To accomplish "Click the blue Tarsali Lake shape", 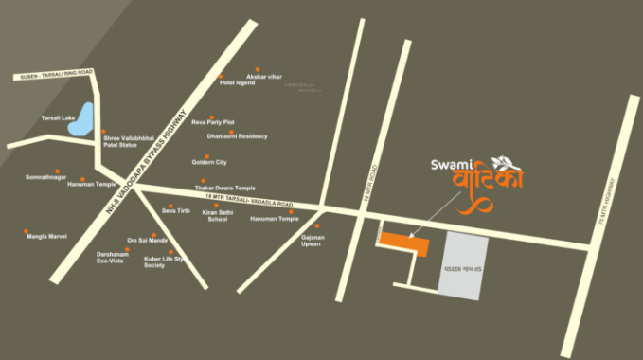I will coord(84,118).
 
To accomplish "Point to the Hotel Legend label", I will coord(238,82).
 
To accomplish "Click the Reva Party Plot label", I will coord(213,122).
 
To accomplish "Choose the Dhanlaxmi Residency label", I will coord(238,135).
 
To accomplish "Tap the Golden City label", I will coord(209,162).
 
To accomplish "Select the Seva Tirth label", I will coord(176,210).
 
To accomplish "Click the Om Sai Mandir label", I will coord(147,240).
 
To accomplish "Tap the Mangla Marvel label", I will coord(45,236).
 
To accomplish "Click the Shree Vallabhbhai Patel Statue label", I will coord(128,142).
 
